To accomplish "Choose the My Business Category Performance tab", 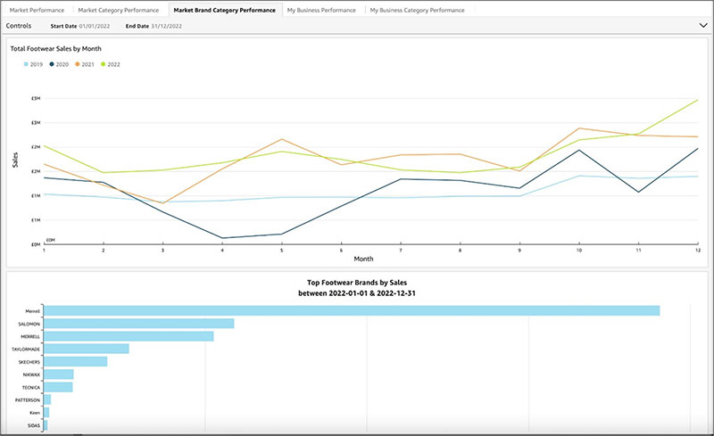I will click(417, 10).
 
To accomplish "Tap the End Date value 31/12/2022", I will click(167, 26).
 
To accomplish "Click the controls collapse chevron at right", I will click(702, 26).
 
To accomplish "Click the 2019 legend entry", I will click(35, 64).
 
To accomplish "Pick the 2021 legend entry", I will click(86, 64).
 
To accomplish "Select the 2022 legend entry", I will click(112, 64).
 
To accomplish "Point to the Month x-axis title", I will click(363, 259).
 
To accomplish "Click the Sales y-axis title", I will click(15, 160).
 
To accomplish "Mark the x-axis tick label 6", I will click(341, 251).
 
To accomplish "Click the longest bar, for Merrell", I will click(352, 310).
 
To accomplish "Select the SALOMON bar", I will click(138, 324).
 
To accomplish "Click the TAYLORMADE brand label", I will click(28, 350).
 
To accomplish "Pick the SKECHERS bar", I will click(75, 362).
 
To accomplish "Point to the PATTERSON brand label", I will click(29, 400).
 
